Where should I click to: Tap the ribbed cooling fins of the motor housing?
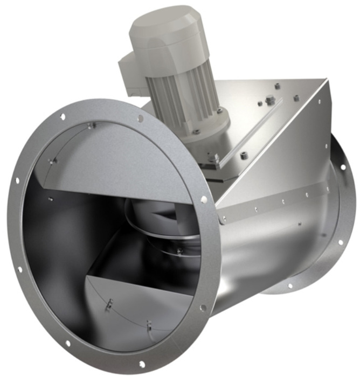pos(183,86)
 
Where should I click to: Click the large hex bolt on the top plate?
pos(271,100)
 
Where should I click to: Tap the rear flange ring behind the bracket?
pos(337,205)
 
